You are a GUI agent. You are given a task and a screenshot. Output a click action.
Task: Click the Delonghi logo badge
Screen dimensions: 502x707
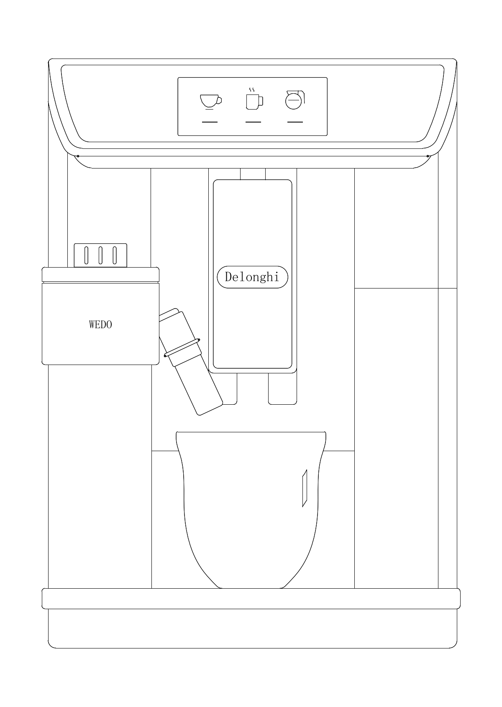pos(252,277)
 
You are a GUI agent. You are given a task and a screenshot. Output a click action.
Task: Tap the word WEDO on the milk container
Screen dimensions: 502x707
pos(100,324)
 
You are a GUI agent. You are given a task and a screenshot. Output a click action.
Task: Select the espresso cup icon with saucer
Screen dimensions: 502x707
pos(210,102)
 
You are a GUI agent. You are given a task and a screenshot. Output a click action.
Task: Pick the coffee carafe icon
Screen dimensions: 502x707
pos(295,100)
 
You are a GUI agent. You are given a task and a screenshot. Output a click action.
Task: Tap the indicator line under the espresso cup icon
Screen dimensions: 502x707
pos(210,122)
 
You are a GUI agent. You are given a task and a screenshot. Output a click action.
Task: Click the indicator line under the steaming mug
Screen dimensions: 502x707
pos(253,122)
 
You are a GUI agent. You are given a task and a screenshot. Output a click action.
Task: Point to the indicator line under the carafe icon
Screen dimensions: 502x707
pos(295,122)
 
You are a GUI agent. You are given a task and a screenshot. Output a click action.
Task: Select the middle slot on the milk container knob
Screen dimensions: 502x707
pos(100,255)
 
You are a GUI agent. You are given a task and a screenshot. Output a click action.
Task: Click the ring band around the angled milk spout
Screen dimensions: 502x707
pos(182,348)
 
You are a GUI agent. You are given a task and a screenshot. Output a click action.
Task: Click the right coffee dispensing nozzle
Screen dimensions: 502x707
pos(282,388)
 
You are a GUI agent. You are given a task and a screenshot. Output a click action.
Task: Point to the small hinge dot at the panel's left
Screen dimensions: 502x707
pos(78,156)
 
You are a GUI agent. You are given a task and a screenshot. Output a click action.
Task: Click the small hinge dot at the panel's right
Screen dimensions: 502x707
pos(428,156)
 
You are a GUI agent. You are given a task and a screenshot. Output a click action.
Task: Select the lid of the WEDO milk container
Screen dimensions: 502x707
pos(100,274)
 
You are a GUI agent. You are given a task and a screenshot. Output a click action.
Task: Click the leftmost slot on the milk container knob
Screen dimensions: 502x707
pos(86,255)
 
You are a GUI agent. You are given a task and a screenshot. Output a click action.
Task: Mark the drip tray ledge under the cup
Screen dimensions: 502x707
pos(251,598)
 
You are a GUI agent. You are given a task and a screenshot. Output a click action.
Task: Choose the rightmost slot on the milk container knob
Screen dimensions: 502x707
pos(115,255)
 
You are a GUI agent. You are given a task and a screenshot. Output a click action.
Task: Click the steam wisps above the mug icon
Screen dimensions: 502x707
pos(252,90)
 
